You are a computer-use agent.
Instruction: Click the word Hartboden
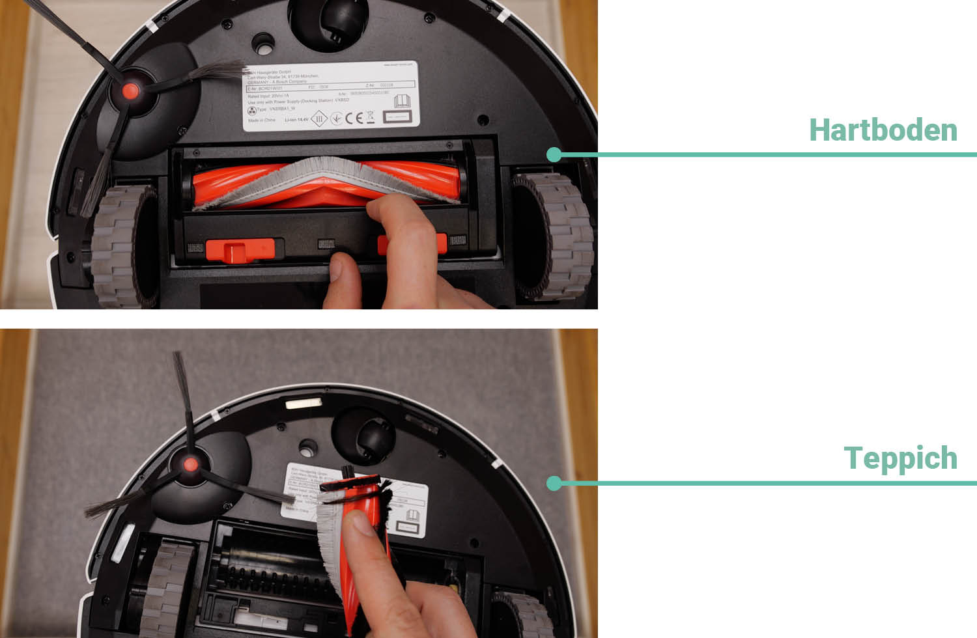pyautogui.click(x=883, y=130)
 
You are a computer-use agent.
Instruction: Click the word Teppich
pyautogui.click(x=900, y=458)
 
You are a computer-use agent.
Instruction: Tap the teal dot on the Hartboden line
pyautogui.click(x=554, y=154)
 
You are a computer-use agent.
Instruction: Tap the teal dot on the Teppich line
pyautogui.click(x=554, y=483)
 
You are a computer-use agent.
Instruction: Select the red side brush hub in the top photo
pyautogui.click(x=130, y=91)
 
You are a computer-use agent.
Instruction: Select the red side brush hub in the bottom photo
pyautogui.click(x=190, y=464)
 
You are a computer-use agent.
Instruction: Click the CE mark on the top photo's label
pyautogui.click(x=353, y=118)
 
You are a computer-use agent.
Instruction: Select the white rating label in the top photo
pyautogui.click(x=331, y=96)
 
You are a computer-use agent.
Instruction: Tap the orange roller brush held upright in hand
pyautogui.click(x=365, y=540)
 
